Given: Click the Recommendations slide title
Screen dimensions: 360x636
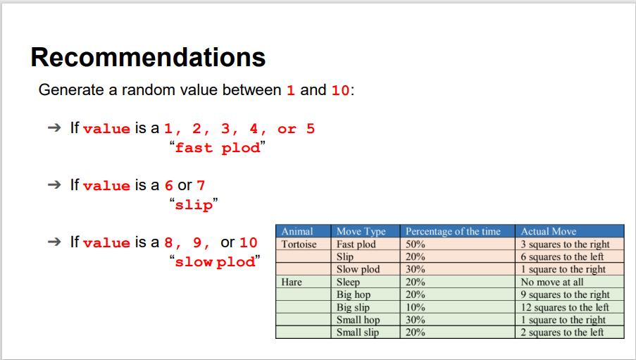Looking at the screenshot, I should (148, 57).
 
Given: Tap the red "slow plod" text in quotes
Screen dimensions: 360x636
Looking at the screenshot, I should (214, 262).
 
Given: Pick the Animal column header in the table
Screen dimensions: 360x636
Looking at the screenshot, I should (297, 231).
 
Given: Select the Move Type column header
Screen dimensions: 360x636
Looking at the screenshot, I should (361, 231).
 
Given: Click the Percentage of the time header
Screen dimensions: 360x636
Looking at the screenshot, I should (453, 231).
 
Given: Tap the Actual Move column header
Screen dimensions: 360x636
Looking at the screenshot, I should (549, 231).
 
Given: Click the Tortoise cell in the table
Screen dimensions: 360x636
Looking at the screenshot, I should (299, 244).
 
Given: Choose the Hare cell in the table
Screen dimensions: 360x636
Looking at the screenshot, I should (292, 283).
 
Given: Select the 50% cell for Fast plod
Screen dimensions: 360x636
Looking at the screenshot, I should (415, 244).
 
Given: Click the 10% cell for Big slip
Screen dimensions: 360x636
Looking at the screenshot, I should (415, 307).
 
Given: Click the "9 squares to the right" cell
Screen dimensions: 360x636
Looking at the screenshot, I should (565, 294).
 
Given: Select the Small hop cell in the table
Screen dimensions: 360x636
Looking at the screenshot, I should (358, 320).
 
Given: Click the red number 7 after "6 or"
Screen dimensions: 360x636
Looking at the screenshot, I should (201, 186).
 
